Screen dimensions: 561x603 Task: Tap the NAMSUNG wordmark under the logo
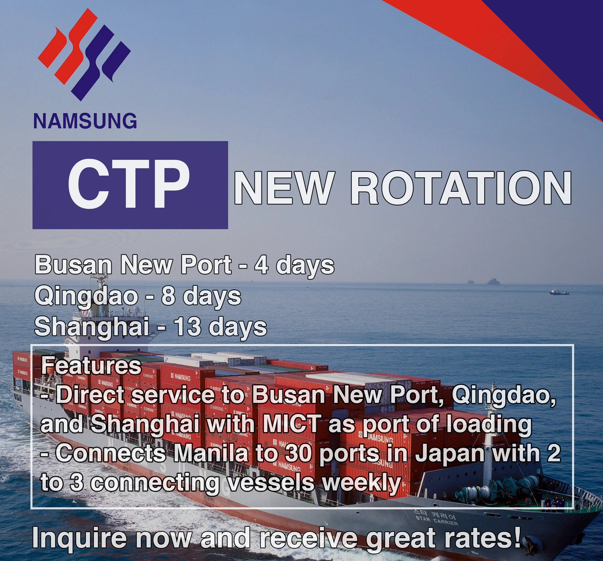pyautogui.click(x=85, y=121)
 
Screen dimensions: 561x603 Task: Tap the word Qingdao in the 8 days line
pyautogui.click(x=86, y=297)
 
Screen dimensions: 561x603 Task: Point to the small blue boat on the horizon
pyautogui.click(x=559, y=292)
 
